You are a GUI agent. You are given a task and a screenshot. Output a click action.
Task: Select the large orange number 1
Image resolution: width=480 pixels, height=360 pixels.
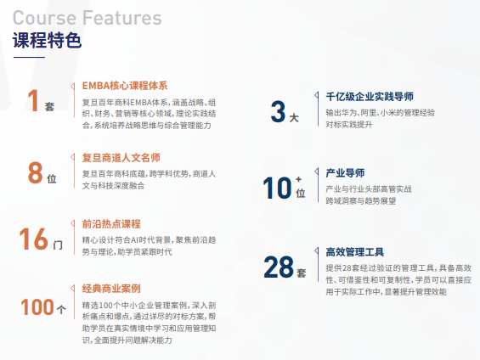(x=33, y=101)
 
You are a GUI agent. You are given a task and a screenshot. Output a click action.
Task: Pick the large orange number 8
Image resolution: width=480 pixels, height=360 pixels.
(x=35, y=172)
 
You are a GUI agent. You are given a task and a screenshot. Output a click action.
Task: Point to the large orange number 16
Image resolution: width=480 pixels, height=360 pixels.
(x=34, y=239)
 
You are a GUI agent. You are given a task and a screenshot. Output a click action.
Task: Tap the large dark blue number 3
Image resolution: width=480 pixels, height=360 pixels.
(x=278, y=111)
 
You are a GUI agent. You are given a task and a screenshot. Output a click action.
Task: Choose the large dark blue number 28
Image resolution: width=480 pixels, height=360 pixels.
(x=278, y=267)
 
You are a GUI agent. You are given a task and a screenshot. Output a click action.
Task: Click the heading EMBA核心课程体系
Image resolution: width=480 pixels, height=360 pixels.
(x=125, y=86)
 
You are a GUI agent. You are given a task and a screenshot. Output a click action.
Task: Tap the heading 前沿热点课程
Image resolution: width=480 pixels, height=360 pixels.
(x=111, y=224)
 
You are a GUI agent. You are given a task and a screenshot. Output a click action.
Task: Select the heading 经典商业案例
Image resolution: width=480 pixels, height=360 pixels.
(x=111, y=289)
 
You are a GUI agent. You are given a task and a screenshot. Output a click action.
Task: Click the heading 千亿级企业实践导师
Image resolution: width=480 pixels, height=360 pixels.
(x=369, y=96)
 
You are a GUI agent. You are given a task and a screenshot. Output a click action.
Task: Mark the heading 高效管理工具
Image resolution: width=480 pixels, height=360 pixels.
(x=354, y=251)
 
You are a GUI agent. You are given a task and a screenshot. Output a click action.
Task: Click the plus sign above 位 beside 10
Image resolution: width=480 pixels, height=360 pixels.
(x=299, y=180)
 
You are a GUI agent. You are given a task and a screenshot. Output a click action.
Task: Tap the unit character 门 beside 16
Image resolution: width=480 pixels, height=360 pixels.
(x=58, y=245)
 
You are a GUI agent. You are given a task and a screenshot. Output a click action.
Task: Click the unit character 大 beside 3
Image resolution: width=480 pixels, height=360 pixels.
(x=294, y=117)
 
